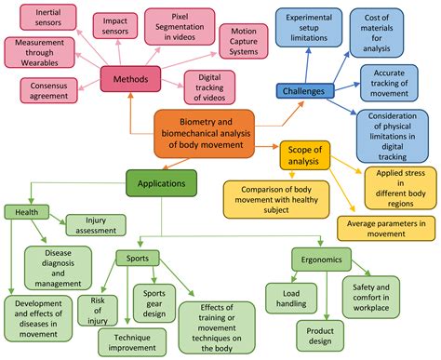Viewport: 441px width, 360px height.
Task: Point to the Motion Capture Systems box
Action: pos(246,42)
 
